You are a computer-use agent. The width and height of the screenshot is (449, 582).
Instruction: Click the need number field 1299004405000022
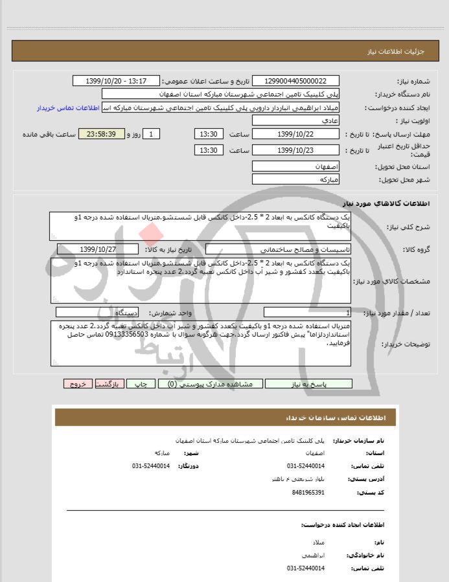[295, 81]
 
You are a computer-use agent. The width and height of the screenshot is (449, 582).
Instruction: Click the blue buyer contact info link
[69, 107]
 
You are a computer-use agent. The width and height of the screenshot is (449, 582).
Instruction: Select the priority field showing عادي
[295, 121]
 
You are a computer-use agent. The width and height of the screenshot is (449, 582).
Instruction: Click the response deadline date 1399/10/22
[295, 134]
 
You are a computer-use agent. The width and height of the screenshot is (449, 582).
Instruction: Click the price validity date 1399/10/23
[295, 150]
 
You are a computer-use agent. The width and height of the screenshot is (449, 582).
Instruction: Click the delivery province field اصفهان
[295, 166]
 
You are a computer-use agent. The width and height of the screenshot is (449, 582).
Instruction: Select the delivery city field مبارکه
[295, 179]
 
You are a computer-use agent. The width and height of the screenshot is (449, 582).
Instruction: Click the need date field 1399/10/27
[97, 249]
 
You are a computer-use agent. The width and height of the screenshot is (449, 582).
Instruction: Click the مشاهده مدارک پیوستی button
[209, 384]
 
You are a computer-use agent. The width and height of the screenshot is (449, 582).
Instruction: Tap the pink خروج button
[78, 384]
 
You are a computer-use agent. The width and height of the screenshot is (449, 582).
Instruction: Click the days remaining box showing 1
[150, 134]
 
